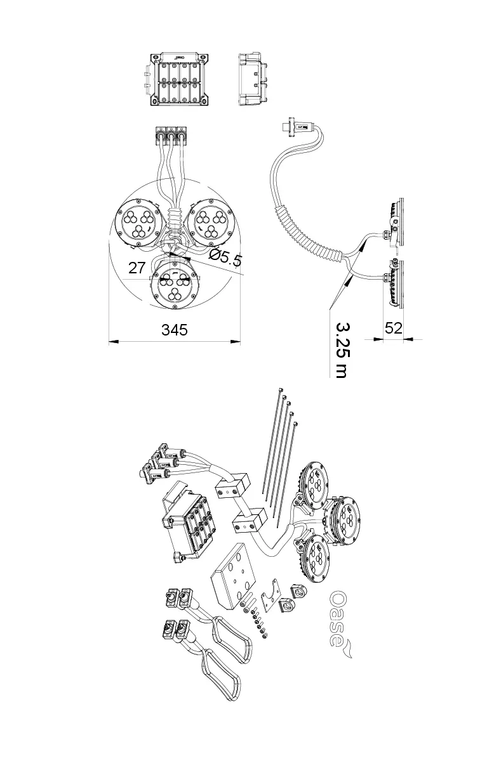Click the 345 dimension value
pyautogui.click(x=174, y=329)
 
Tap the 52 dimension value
pyautogui.click(x=393, y=328)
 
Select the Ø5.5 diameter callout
pyautogui.click(x=225, y=257)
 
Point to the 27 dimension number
pyautogui.click(x=137, y=268)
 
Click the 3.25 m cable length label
pyautogui.click(x=341, y=350)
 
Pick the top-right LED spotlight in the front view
pyautogui.click(x=211, y=223)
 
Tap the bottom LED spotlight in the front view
pyautogui.click(x=174, y=285)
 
